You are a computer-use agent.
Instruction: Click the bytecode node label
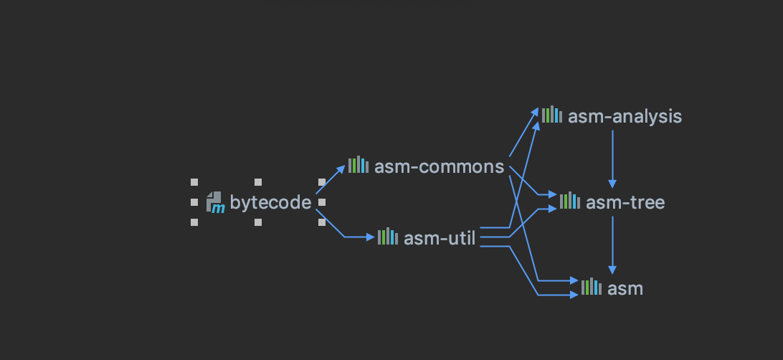271,203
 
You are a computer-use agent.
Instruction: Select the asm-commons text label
439,167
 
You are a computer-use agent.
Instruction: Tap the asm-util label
440,238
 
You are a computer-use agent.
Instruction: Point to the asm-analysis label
625,116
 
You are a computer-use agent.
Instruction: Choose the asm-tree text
625,203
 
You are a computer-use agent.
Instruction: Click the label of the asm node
625,289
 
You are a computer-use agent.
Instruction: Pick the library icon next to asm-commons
359,166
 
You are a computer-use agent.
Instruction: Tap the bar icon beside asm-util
388,237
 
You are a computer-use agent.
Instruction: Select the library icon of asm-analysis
552,115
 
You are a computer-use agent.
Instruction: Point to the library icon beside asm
592,288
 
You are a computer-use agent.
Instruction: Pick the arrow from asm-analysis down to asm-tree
612,158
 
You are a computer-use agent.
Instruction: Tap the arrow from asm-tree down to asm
612,244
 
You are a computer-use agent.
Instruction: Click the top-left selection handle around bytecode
194,182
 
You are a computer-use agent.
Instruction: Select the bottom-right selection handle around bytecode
322,222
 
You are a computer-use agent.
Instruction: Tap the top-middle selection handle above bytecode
258,182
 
